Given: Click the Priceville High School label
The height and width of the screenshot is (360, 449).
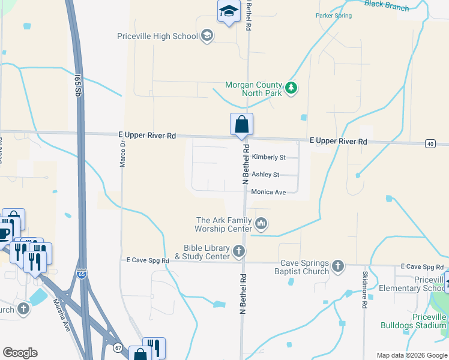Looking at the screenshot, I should click(x=157, y=36).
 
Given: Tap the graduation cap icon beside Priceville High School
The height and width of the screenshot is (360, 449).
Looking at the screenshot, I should click(x=207, y=36).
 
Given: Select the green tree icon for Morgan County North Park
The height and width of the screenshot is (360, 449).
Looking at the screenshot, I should click(x=291, y=89).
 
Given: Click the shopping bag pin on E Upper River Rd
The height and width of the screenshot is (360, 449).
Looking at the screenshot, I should click(x=241, y=125).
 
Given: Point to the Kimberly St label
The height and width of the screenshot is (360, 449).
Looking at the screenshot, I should click(x=268, y=157).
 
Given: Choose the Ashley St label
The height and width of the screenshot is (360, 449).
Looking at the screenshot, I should click(x=265, y=175).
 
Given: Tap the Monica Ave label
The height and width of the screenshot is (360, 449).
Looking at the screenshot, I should click(x=268, y=192).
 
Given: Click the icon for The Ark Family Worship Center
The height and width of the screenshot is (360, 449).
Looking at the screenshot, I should click(x=261, y=224).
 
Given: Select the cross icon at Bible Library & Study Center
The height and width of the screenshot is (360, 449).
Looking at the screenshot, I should click(x=239, y=251).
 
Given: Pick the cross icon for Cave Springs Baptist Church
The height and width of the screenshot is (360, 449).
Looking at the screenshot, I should click(x=338, y=266).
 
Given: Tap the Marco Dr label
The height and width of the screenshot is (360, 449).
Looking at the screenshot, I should click(x=122, y=154).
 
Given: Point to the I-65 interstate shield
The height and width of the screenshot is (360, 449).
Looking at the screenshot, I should click(x=82, y=273).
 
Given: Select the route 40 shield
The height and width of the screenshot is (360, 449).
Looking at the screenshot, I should click(x=430, y=143).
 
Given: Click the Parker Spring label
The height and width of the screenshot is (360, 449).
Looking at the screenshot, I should click(x=334, y=16).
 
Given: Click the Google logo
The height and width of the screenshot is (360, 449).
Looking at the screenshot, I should click(x=20, y=353).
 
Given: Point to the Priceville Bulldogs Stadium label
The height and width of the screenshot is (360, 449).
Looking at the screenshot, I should click(x=414, y=321).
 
